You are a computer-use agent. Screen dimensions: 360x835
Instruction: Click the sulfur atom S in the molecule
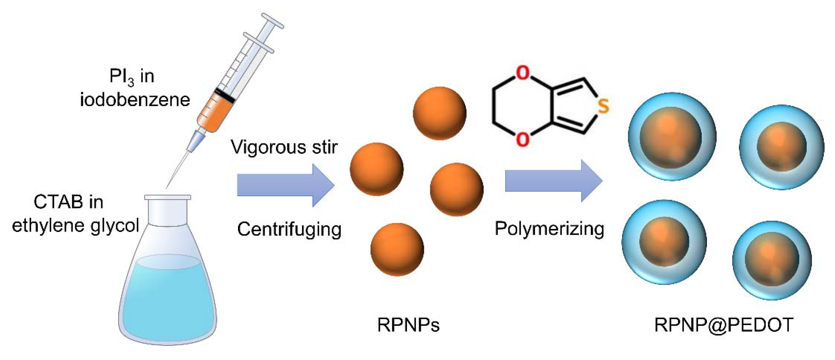click(603, 106)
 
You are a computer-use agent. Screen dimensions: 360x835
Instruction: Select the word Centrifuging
click(289, 230)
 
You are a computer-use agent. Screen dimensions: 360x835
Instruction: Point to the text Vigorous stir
click(284, 147)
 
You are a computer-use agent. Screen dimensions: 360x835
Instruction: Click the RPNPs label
click(408, 324)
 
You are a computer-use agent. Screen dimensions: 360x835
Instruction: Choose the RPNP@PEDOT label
click(724, 324)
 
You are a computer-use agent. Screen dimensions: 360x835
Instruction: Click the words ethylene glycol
click(75, 225)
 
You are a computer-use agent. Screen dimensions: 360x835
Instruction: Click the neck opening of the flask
click(167, 197)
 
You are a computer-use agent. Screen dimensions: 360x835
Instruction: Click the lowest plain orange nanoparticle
click(397, 249)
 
